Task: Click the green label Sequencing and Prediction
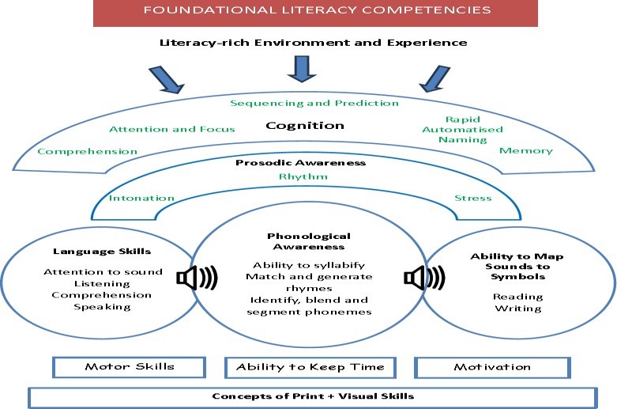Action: (x=314, y=103)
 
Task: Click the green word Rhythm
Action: (x=303, y=176)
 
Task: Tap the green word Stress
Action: (x=472, y=199)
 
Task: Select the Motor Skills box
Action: (x=129, y=367)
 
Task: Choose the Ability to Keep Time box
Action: (x=310, y=367)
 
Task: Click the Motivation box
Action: (x=492, y=367)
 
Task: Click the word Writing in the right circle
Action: (x=518, y=309)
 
